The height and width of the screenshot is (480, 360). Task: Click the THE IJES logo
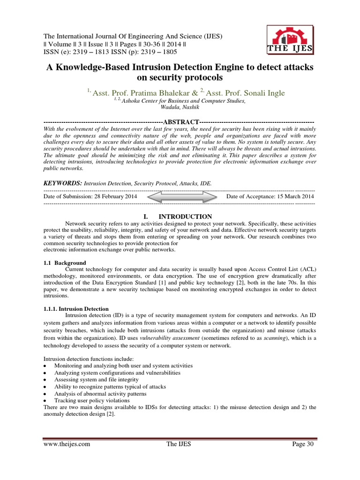(291, 39)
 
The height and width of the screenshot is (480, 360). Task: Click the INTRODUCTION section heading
(185, 217)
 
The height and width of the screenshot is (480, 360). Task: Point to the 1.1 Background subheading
(64, 263)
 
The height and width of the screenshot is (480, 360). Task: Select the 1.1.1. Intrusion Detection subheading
(75, 309)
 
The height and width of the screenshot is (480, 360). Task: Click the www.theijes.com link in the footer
(66, 444)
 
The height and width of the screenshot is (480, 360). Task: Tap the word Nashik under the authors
(190, 107)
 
